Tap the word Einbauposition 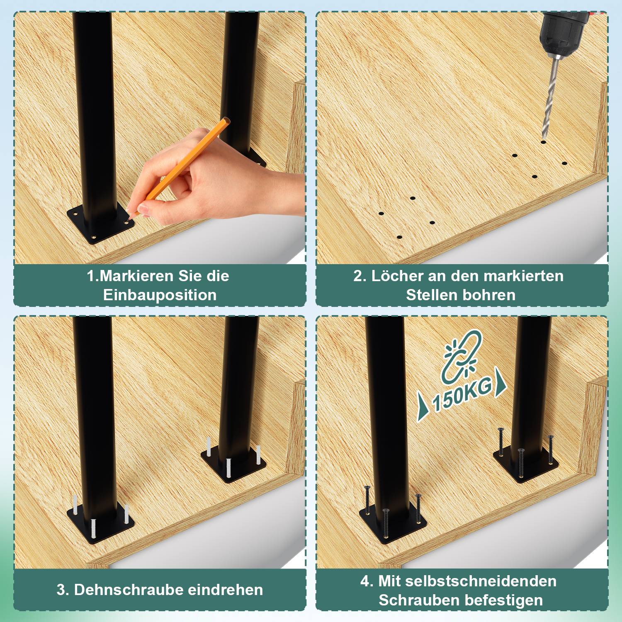click(160, 295)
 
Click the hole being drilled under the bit click(543, 142)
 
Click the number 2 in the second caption click(358, 276)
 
